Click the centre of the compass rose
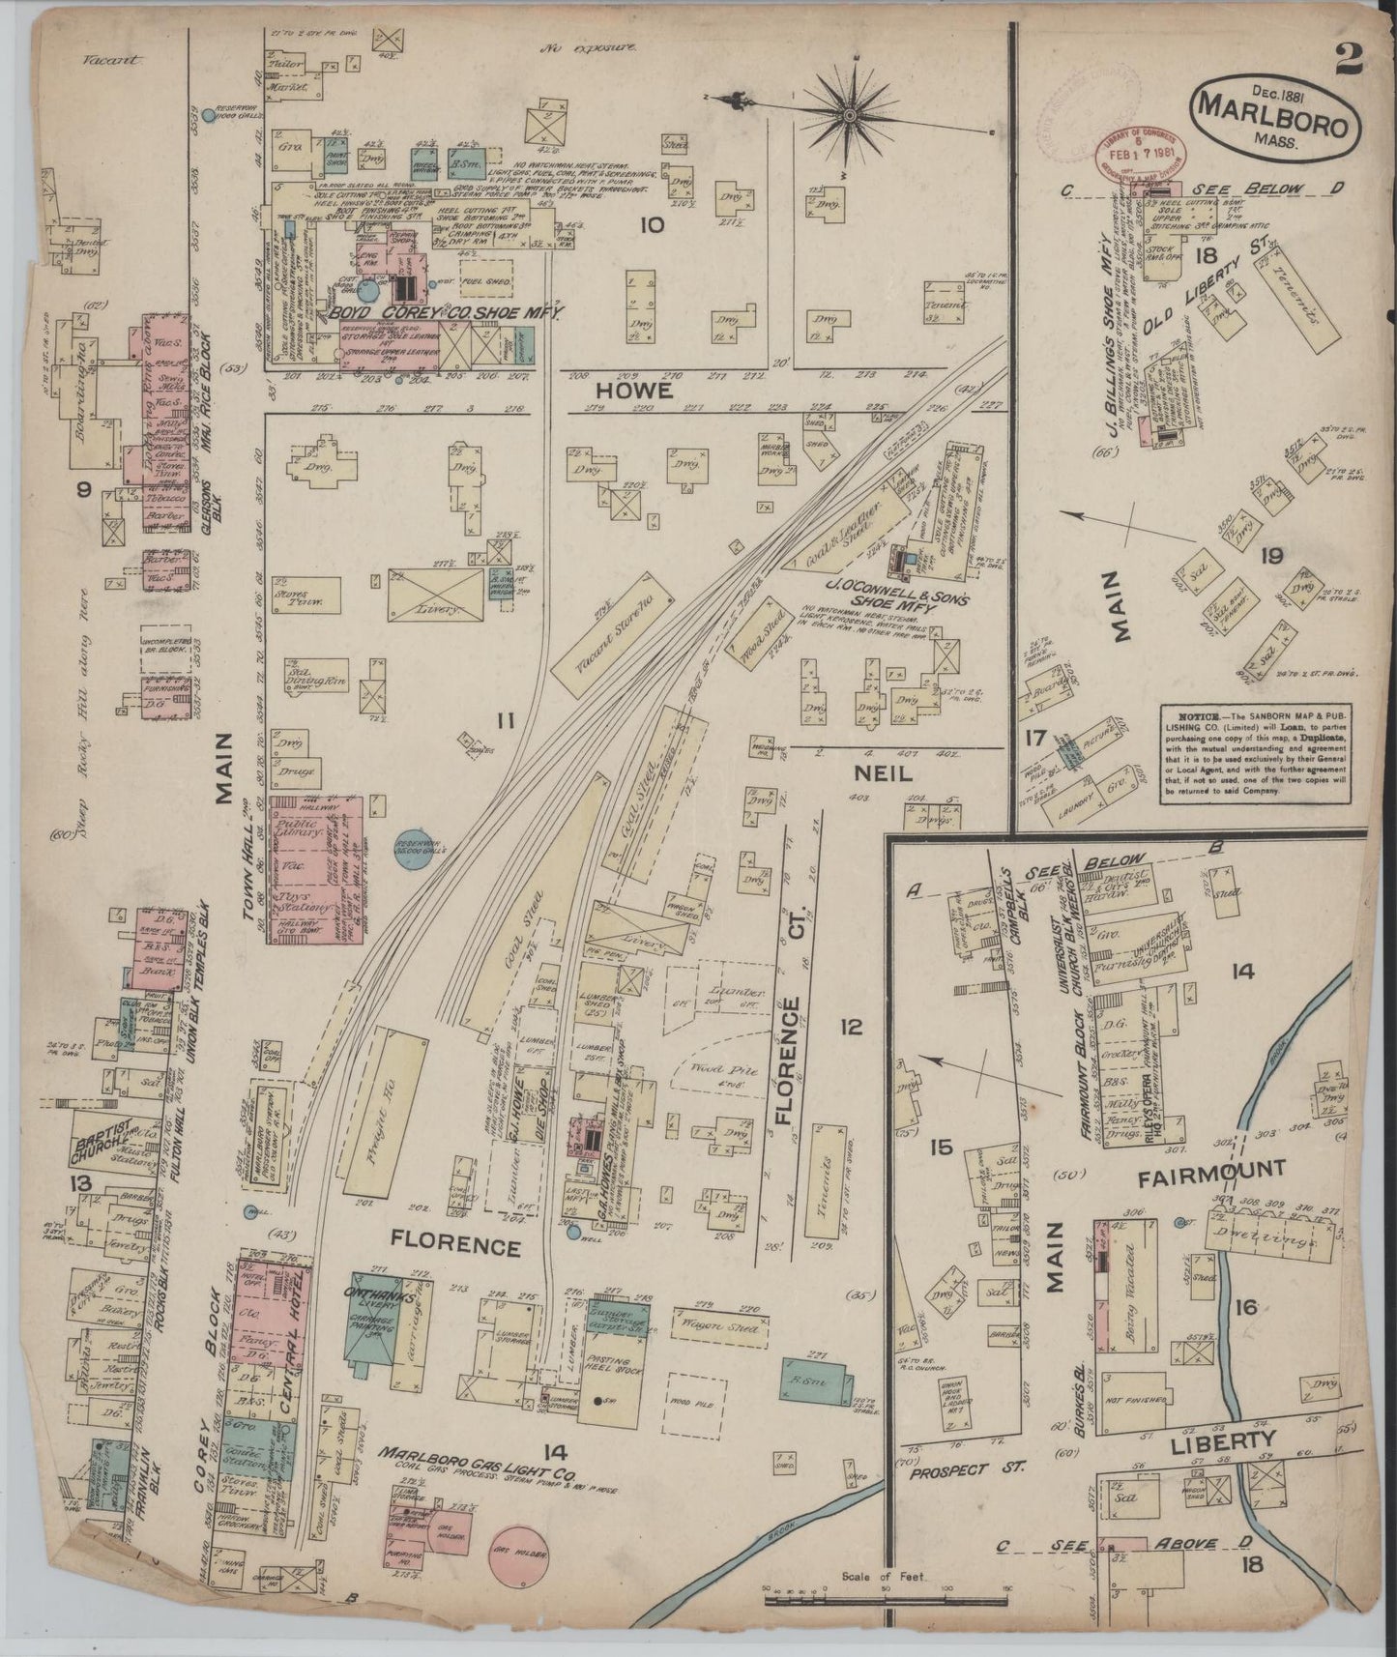pyautogui.click(x=849, y=114)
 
